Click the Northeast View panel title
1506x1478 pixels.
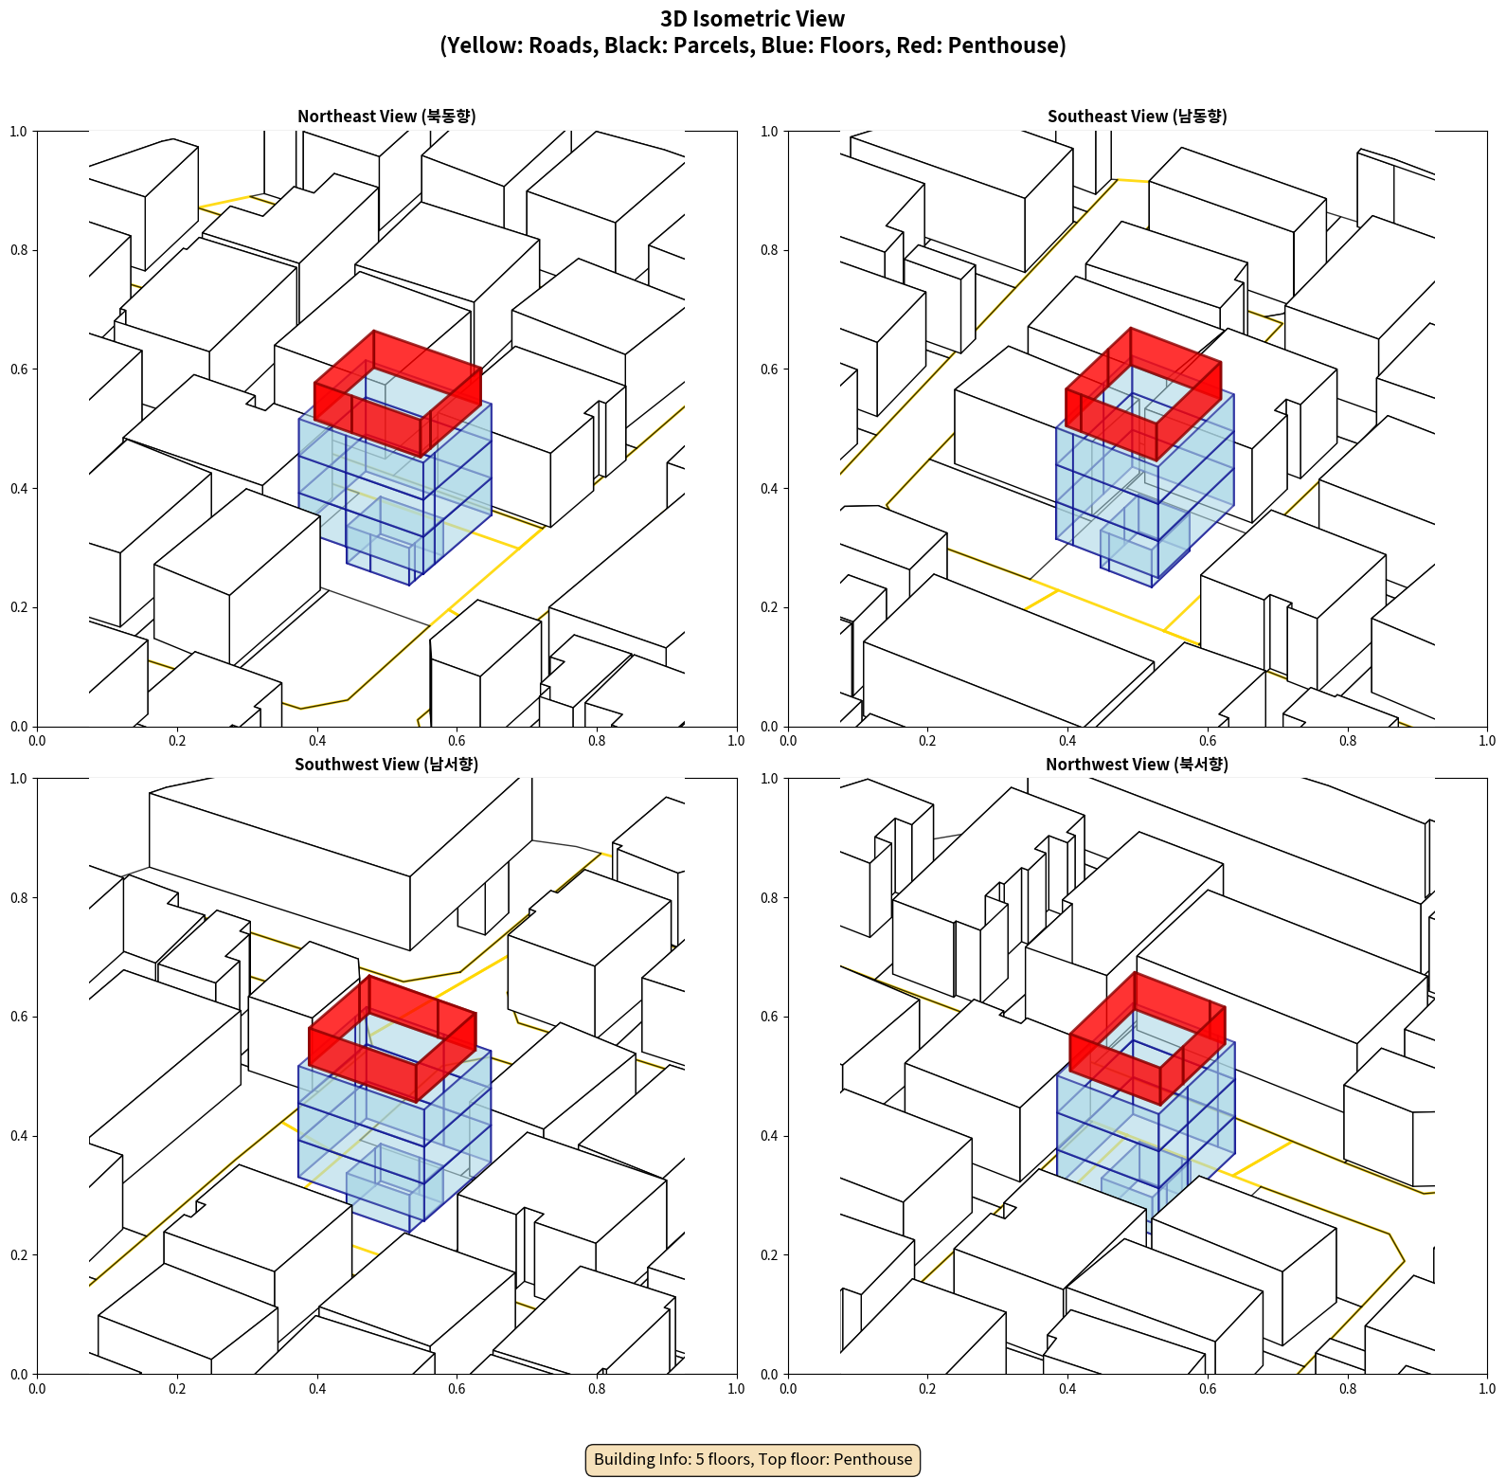click(x=386, y=116)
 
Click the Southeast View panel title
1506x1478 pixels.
click(x=1137, y=116)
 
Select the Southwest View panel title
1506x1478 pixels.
click(x=386, y=764)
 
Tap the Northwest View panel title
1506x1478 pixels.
click(x=1137, y=764)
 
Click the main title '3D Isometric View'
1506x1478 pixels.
click(x=753, y=19)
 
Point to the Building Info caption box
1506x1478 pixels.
click(x=753, y=1459)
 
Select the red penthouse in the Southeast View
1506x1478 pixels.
click(x=1143, y=394)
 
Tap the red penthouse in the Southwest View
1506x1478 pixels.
click(x=392, y=1038)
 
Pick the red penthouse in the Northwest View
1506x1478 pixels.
click(x=1147, y=1038)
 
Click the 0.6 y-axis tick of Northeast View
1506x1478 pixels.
click(x=20, y=369)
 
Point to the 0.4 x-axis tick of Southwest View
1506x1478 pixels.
click(x=317, y=1389)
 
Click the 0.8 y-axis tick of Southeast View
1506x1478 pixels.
click(x=770, y=250)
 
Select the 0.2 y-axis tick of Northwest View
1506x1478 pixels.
click(x=770, y=1255)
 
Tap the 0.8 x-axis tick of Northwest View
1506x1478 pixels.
click(x=1348, y=1389)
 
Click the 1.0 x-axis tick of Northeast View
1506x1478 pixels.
click(x=736, y=741)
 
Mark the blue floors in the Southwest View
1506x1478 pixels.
click(x=395, y=1137)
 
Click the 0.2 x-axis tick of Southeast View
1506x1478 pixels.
click(x=927, y=741)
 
